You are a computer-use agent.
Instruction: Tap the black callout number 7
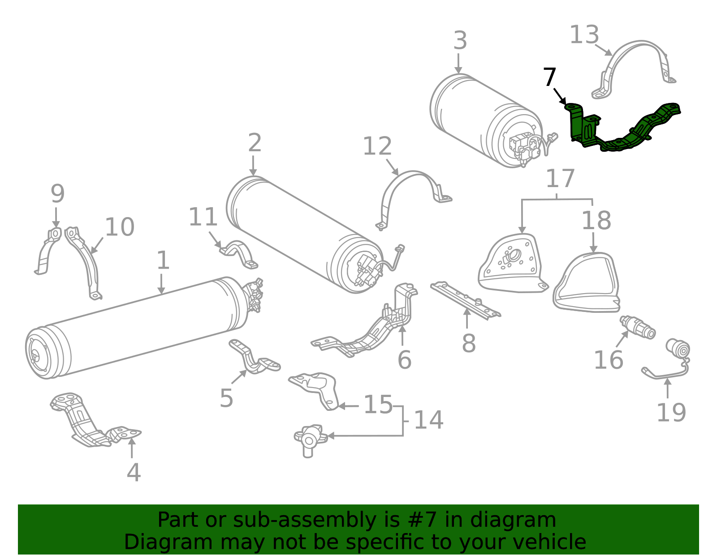click(x=549, y=77)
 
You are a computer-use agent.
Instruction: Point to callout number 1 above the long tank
click(x=163, y=260)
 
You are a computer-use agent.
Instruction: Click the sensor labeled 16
click(x=638, y=327)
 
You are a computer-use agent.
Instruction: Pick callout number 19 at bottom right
click(x=671, y=412)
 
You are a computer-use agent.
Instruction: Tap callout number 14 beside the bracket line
click(x=428, y=420)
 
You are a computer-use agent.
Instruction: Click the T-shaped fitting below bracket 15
click(x=309, y=438)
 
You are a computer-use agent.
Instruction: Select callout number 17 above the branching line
click(x=560, y=179)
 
